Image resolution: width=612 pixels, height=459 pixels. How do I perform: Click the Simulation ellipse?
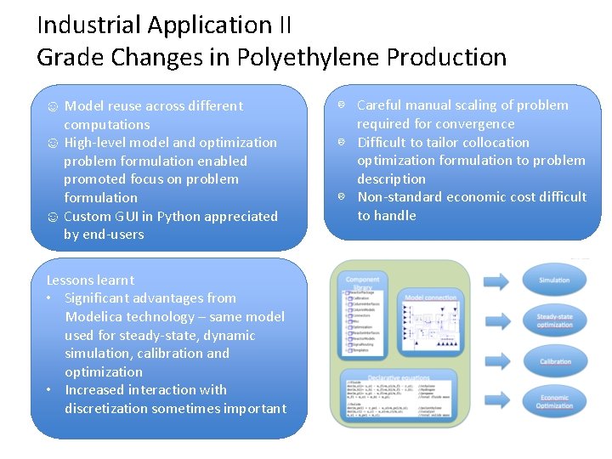555,280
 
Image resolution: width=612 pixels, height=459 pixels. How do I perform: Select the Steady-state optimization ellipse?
555,320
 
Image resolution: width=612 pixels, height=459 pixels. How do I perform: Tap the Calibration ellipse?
555,360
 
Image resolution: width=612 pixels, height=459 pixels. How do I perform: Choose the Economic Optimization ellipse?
555,401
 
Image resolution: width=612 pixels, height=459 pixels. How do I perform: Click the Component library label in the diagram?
363,282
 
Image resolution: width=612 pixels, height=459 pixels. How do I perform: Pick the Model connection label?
432,297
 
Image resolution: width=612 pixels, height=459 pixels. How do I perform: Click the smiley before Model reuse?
53,106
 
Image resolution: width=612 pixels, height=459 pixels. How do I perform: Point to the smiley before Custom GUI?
53,217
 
